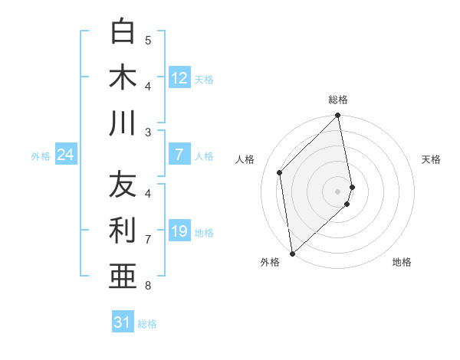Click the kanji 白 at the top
123,31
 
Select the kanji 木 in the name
123,77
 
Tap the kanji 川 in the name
123,123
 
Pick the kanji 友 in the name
123,185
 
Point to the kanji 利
123,231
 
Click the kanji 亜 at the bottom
123,277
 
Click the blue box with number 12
179,78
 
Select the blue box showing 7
179,155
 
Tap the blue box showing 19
179,232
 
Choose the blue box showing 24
65,155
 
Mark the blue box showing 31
123,322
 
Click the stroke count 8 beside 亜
148,286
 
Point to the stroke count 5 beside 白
148,40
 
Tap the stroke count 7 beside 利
148,239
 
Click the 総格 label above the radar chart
338,100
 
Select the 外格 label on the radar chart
270,262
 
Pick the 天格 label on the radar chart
431,159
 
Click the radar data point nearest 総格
338,116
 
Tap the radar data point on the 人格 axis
280,172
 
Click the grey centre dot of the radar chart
338,191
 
